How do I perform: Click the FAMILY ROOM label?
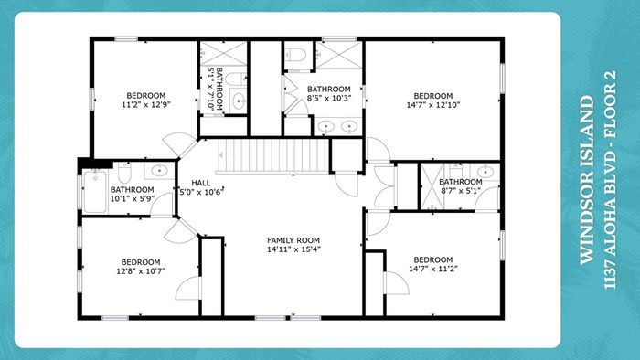pyautogui.click(x=293, y=240)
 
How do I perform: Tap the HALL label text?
pyautogui.click(x=201, y=183)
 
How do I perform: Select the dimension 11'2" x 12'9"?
pyautogui.click(x=145, y=104)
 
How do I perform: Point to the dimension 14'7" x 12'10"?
pyautogui.click(x=433, y=105)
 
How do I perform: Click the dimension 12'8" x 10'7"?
pyautogui.click(x=141, y=270)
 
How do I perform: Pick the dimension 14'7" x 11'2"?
pyautogui.click(x=433, y=269)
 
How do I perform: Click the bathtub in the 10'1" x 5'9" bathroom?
pyautogui.click(x=95, y=191)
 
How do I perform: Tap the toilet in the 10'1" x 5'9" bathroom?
pyautogui.click(x=124, y=173)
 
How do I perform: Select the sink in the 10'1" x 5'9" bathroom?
pyautogui.click(x=159, y=171)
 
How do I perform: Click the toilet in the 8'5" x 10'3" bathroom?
pyautogui.click(x=294, y=54)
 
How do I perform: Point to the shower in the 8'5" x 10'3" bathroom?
pyautogui.click(x=339, y=55)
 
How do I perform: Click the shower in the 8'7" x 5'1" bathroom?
pyautogui.click(x=432, y=186)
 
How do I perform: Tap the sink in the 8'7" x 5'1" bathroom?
pyautogui.click(x=485, y=171)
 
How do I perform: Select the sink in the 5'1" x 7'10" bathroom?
pyautogui.click(x=239, y=100)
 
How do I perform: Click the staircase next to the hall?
pyautogui.click(x=273, y=156)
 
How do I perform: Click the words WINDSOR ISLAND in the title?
pyautogui.click(x=587, y=180)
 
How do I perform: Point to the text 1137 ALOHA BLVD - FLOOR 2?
pyautogui.click(x=610, y=180)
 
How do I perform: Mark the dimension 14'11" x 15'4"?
pyautogui.click(x=293, y=249)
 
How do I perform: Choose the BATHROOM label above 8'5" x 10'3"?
pyautogui.click(x=328, y=89)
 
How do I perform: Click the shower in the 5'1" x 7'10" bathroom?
pyautogui.click(x=223, y=53)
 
